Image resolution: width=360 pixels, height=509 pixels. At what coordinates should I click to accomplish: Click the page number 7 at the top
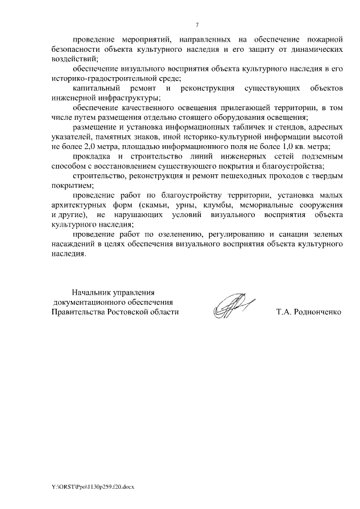(197, 25)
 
